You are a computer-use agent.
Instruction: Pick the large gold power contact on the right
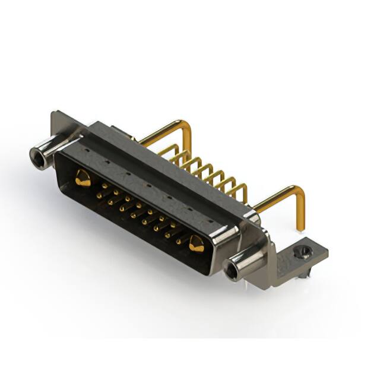pos(197,242)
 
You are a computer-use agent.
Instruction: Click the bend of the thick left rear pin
pos(185,126)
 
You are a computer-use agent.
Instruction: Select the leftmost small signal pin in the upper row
pos(105,186)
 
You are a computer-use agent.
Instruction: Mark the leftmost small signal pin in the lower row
pos(98,195)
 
